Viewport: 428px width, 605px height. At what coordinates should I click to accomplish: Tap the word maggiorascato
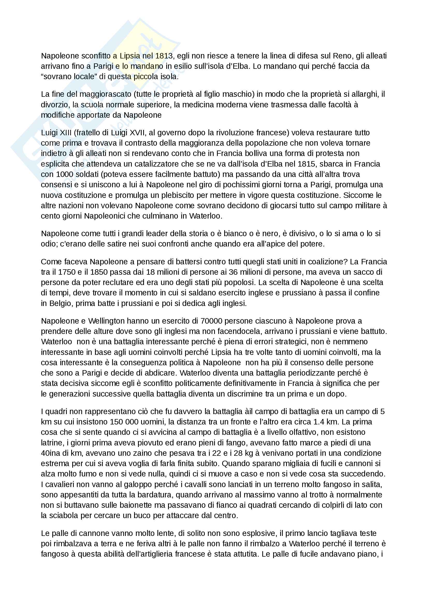pos(105,94)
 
